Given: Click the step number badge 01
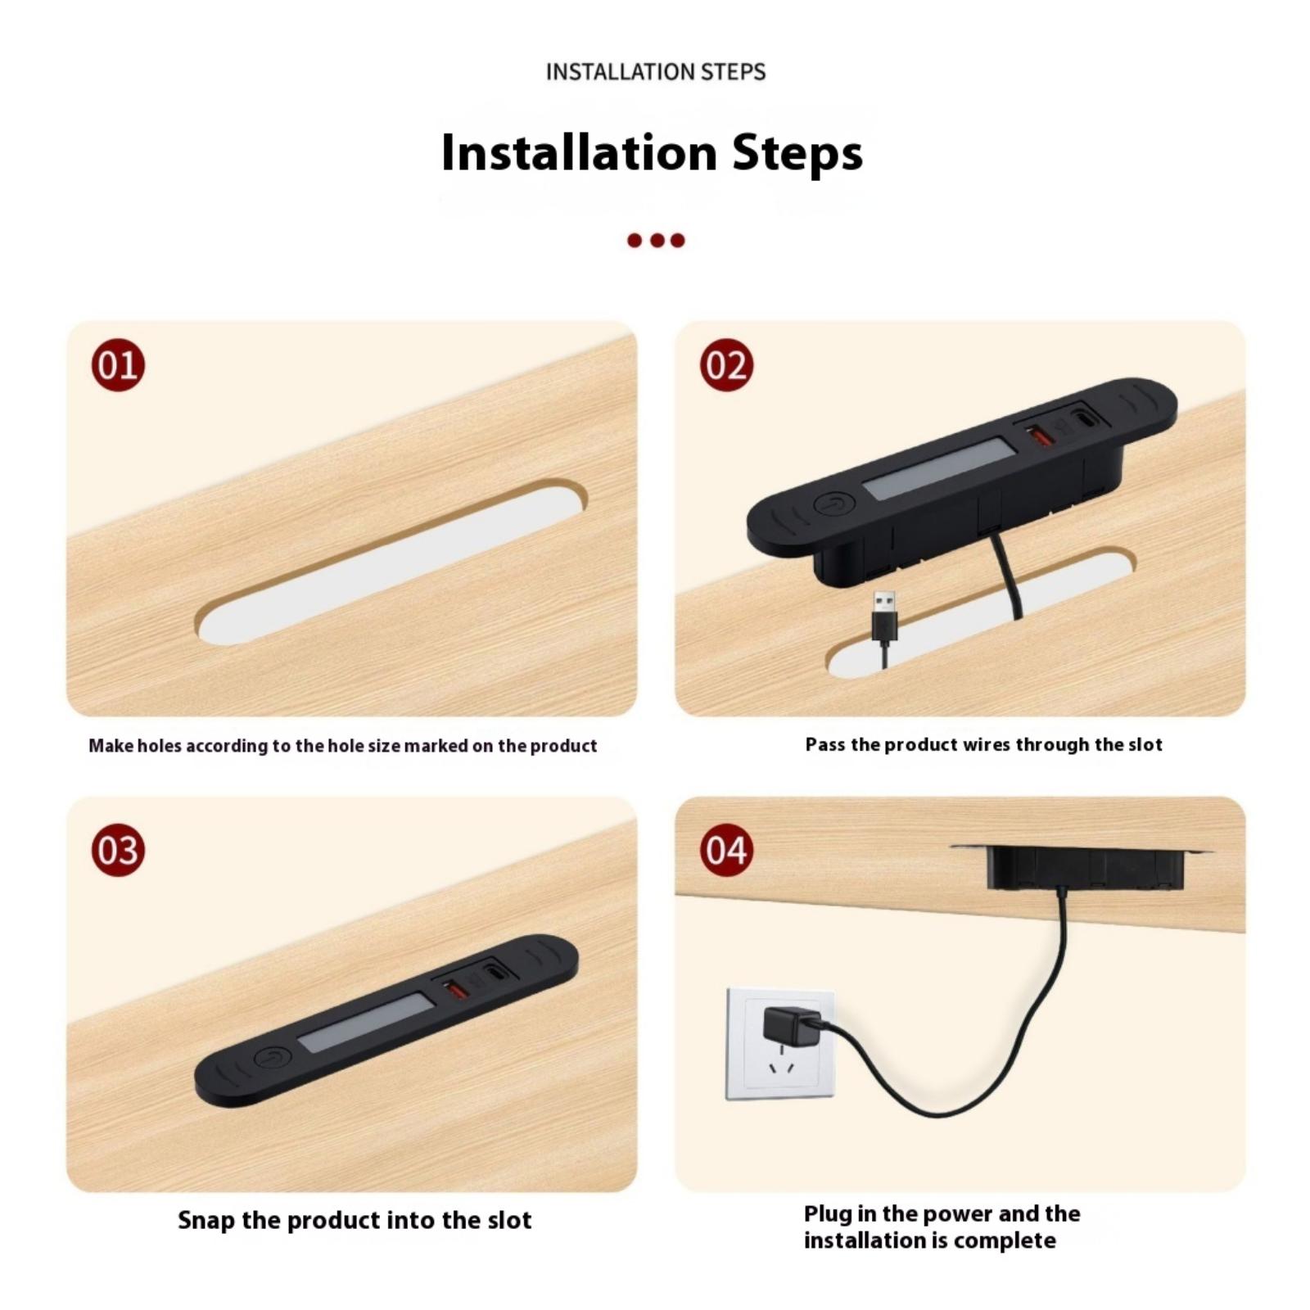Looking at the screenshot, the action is click(x=118, y=364).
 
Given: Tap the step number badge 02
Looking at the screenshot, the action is click(x=726, y=364).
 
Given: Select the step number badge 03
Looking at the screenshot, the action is click(x=118, y=850).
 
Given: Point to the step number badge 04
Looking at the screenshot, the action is click(x=726, y=850).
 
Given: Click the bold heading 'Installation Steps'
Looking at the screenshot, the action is click(x=652, y=152).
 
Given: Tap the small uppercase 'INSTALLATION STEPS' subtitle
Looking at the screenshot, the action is click(x=656, y=72).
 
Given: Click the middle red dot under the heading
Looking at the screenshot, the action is click(x=656, y=240).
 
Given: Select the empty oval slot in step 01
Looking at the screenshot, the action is click(x=391, y=561).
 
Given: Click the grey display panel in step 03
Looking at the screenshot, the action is click(x=366, y=1023).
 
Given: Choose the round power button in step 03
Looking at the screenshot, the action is click(x=273, y=1059).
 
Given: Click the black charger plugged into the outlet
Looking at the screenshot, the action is click(x=792, y=1028).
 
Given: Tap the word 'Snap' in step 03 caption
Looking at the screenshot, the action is click(x=206, y=1221).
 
